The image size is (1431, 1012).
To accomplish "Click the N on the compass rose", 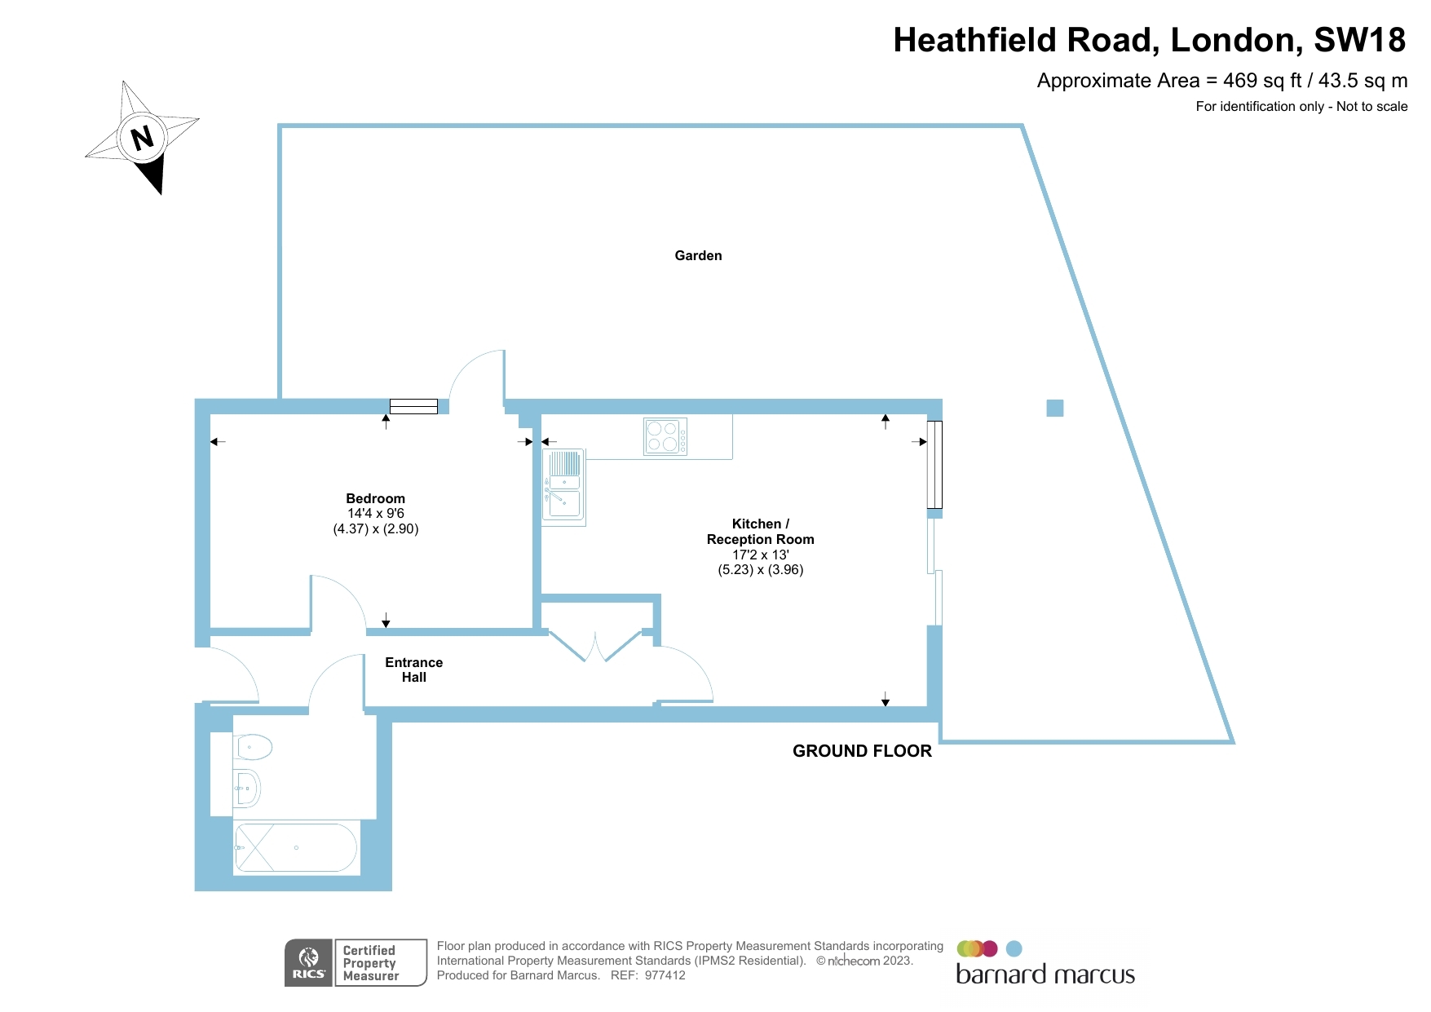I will click(143, 137).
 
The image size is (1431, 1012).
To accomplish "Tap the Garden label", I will click(698, 256).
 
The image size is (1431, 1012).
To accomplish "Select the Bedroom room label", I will click(375, 498).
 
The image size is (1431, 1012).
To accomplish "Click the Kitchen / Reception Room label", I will click(760, 532).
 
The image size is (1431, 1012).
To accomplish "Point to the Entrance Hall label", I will click(413, 670).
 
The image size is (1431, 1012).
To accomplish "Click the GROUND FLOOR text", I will click(862, 751).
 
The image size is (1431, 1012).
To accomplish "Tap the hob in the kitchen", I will click(665, 436).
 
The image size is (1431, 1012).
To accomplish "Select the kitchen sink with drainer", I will click(563, 486).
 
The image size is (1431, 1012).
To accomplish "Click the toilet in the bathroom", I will click(253, 746).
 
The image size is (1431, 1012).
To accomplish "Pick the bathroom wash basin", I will click(247, 788).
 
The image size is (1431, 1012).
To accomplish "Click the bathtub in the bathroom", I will click(295, 848).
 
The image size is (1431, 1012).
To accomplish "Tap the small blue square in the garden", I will click(1054, 408).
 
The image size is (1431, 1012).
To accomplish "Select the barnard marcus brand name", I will click(1045, 974).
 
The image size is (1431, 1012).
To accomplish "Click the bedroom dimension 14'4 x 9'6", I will click(375, 514).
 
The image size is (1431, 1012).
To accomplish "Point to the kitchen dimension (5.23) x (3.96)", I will click(760, 570).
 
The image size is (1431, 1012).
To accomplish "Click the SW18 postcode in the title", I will click(1359, 40).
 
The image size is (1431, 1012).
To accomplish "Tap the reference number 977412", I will click(665, 975).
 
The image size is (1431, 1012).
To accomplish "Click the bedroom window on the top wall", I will click(413, 406).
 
